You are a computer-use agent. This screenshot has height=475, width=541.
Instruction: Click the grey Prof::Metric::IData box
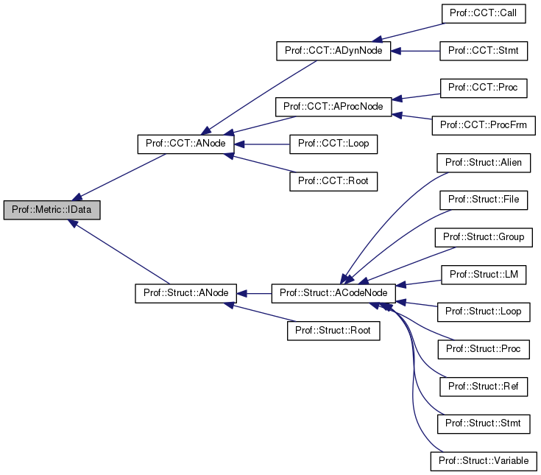pyautogui.click(x=52, y=209)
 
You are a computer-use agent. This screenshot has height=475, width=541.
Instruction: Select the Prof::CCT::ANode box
pyautogui.click(x=186, y=144)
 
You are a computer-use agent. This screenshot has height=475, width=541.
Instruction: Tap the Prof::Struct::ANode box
pyautogui.click(x=185, y=293)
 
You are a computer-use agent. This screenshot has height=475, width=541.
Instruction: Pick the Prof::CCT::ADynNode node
pyautogui.click(x=333, y=51)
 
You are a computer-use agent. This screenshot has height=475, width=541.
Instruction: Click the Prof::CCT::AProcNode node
pyautogui.click(x=333, y=106)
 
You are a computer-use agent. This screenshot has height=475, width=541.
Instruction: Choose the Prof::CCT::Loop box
pyautogui.click(x=333, y=144)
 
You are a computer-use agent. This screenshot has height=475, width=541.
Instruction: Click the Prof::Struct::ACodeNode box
pyautogui.click(x=333, y=293)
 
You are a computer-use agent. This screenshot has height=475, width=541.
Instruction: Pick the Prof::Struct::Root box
pyautogui.click(x=333, y=331)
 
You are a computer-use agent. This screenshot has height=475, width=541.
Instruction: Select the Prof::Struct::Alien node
pyautogui.click(x=484, y=162)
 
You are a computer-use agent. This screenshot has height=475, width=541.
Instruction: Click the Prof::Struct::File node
pyautogui.click(x=484, y=200)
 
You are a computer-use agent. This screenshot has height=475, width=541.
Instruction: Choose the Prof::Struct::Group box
pyautogui.click(x=484, y=237)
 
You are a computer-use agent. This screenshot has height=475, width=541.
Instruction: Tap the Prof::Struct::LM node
pyautogui.click(x=484, y=274)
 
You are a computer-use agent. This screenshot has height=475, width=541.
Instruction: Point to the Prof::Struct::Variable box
pyautogui.click(x=484, y=461)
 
